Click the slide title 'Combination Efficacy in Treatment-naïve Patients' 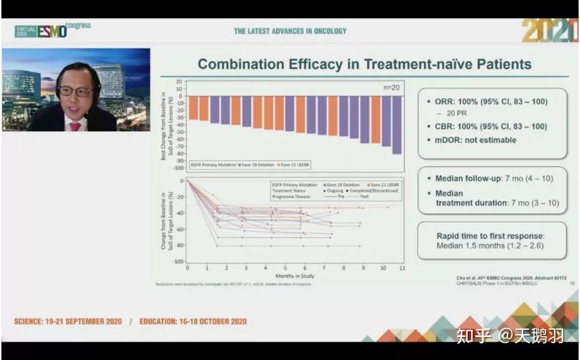[x=364, y=65]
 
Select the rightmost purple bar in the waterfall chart [x=397, y=125]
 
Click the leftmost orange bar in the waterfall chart [x=193, y=108]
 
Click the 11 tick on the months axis [x=402, y=269]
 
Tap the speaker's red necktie [x=74, y=127]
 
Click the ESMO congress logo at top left [x=53, y=30]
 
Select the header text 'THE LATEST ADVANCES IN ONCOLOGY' [x=290, y=31]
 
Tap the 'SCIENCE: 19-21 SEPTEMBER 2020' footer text [x=68, y=321]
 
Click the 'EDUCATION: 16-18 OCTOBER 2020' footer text [x=192, y=321]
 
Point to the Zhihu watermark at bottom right [x=510, y=336]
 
